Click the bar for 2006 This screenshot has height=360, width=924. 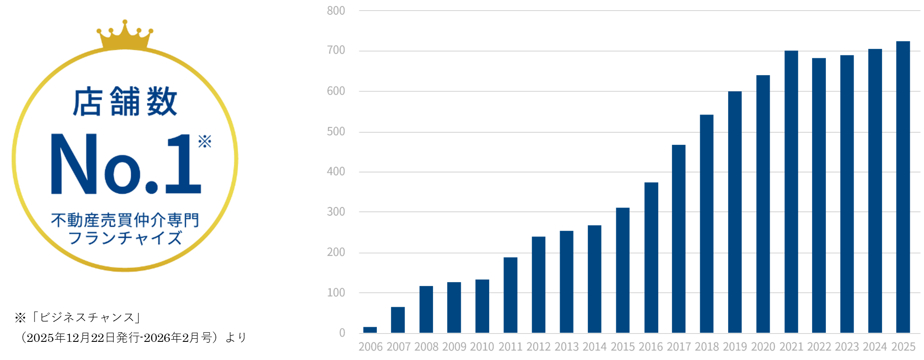coord(370,330)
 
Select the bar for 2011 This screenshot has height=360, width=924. coord(510,295)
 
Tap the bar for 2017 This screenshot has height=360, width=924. coord(679,239)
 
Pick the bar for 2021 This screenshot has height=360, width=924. coord(791,191)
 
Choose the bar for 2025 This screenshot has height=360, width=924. coord(903,187)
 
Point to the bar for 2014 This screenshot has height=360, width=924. coord(594,279)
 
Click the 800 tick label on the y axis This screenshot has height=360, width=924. coord(336,11)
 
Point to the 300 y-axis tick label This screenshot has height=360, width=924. coord(336,212)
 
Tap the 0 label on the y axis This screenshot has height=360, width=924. coord(342,333)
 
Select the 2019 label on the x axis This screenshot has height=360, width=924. coord(735,347)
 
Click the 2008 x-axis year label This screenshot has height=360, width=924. coord(426,347)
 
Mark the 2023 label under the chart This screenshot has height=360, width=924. coord(847,347)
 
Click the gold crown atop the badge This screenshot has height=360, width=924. coord(125,35)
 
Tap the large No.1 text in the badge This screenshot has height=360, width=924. coord(126,164)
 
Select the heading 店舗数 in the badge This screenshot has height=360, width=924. coord(125,102)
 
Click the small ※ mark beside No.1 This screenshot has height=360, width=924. coord(204,141)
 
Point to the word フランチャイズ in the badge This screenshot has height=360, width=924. coord(125,238)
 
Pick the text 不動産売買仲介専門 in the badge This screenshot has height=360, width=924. coord(125,220)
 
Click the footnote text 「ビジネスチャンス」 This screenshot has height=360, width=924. coord(86,318)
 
